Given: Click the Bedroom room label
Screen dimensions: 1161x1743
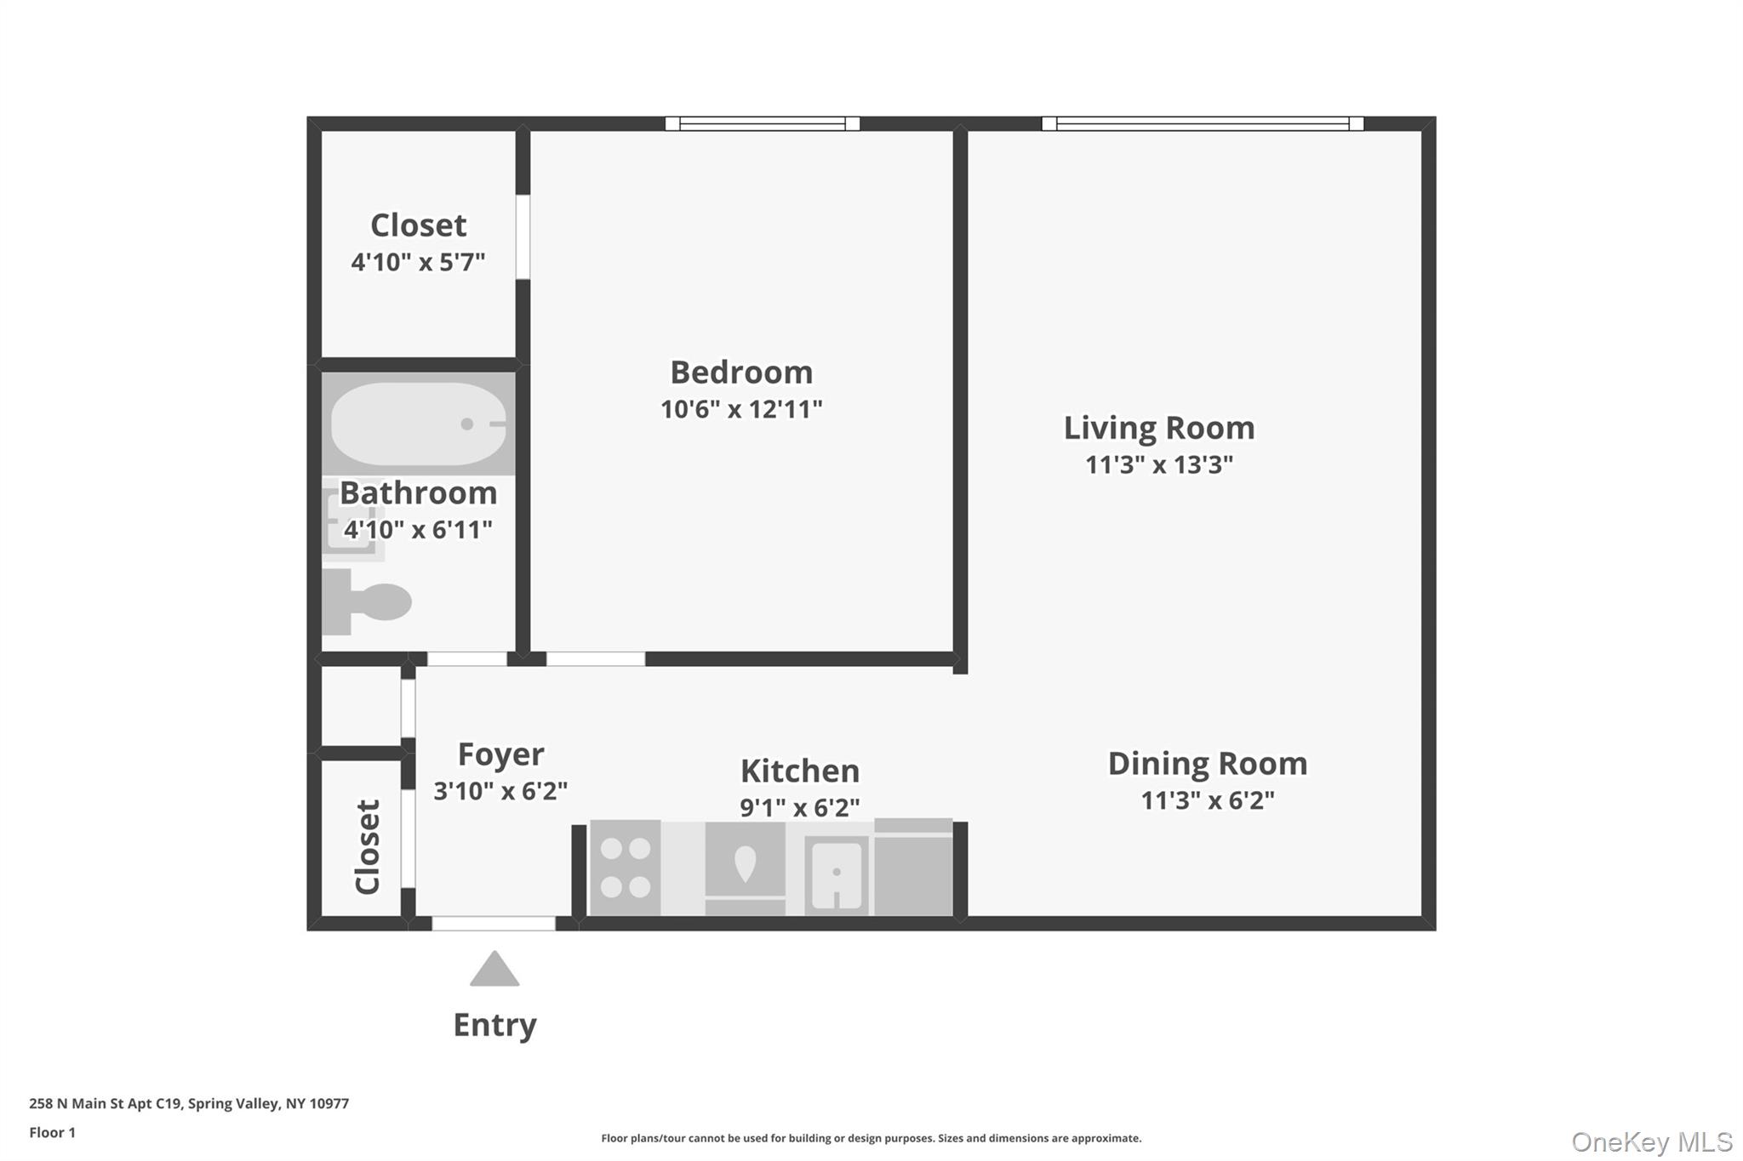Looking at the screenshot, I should (741, 373).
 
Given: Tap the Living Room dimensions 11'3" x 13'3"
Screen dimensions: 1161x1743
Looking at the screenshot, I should (1158, 465).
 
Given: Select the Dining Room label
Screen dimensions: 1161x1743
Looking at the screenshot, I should (1207, 764).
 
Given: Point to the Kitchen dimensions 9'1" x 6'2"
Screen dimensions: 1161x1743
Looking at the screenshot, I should (799, 807).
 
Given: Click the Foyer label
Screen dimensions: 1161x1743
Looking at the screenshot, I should (500, 754).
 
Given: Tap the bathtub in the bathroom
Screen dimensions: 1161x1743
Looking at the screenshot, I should (417, 424).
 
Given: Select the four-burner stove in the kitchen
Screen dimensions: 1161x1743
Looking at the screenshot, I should (626, 868).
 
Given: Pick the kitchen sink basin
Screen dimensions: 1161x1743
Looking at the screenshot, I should (837, 875).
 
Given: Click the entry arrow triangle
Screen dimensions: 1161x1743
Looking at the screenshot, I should (494, 970).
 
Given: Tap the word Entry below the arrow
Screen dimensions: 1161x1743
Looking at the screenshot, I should (494, 1025).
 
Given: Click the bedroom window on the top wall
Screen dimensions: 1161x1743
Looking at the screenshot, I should (762, 124).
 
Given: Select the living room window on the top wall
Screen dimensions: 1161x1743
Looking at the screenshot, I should (1202, 124).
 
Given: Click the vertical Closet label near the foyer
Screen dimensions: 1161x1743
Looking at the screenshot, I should (367, 847).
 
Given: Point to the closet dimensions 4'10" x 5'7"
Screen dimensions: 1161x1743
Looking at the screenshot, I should (418, 262).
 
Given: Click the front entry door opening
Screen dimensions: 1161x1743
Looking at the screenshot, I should (494, 924).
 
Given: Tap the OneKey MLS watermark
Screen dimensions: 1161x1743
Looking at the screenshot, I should (1651, 1141).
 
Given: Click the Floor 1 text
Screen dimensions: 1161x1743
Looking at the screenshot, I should (52, 1132).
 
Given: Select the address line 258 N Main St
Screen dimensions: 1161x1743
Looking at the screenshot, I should (189, 1103).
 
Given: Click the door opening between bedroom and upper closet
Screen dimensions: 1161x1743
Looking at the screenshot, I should (523, 236).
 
